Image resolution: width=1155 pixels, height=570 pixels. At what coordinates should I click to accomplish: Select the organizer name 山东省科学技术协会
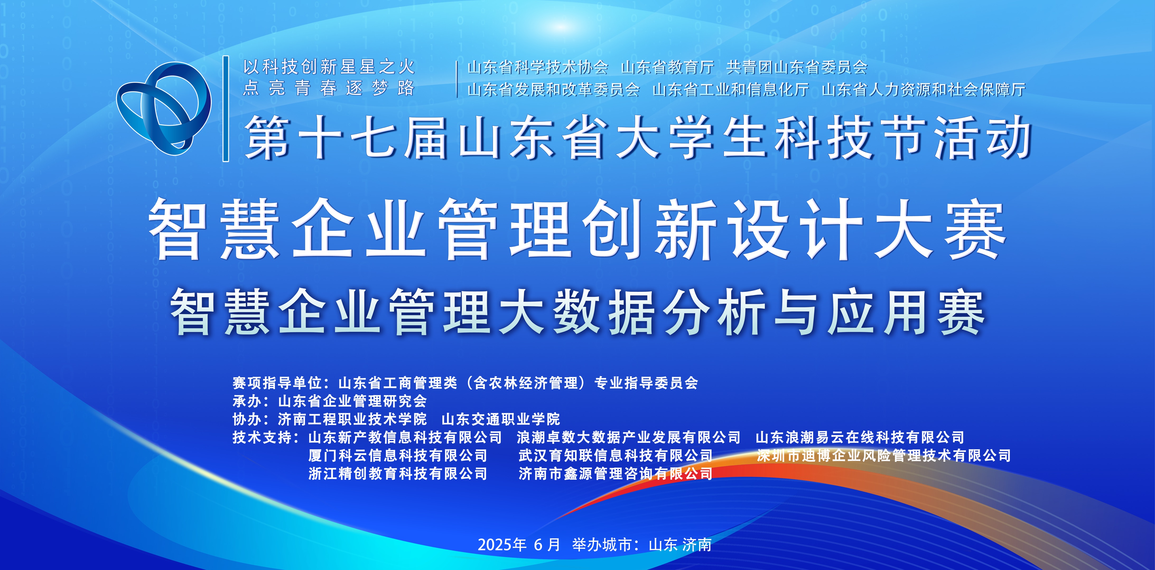click(x=538, y=67)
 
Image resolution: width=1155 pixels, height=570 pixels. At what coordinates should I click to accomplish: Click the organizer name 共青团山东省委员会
click(x=797, y=67)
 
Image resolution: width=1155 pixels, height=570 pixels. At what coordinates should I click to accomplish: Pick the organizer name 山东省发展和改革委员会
click(x=553, y=89)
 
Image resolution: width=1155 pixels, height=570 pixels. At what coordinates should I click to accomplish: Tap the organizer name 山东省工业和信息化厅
click(x=730, y=89)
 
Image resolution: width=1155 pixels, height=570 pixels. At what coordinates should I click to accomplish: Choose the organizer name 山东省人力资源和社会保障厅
click(x=924, y=89)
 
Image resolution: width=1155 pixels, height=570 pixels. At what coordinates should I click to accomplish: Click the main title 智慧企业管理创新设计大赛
click(x=578, y=229)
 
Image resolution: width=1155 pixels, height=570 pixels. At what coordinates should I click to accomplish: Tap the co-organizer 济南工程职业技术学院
click(x=352, y=419)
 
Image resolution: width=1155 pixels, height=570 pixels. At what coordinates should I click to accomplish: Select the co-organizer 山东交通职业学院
click(x=501, y=419)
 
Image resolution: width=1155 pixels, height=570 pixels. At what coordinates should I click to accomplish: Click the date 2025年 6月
click(x=519, y=544)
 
